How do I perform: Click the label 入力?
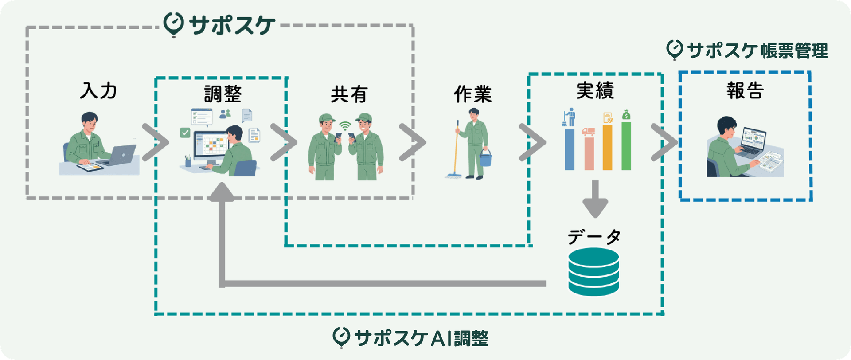tap(98, 90)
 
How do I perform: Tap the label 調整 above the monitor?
tap(223, 94)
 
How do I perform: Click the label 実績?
tap(595, 90)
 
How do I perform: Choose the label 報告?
tap(745, 90)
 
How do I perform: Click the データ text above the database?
tap(594, 236)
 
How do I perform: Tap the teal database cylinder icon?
tap(593, 272)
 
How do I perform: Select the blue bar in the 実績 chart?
tap(569, 149)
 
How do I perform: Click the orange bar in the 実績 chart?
tap(607, 147)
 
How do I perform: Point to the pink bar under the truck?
tap(589, 153)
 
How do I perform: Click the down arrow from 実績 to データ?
tap(595, 200)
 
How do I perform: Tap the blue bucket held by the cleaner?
tap(486, 158)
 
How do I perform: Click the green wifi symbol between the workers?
tap(345, 125)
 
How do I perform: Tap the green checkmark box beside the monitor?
tap(185, 132)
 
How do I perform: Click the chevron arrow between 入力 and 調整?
tap(156, 142)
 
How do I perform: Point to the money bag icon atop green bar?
tap(626, 115)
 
